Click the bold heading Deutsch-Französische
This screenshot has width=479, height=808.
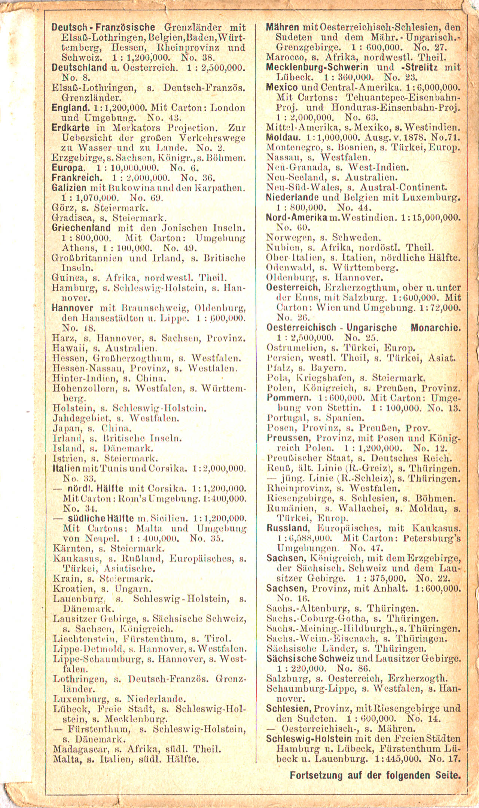(x=103, y=27)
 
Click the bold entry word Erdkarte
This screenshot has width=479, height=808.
(x=70, y=128)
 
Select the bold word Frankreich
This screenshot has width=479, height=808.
(x=76, y=178)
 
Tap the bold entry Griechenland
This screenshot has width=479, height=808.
(x=81, y=228)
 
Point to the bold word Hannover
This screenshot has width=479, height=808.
(x=72, y=308)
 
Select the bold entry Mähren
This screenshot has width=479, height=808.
(x=282, y=27)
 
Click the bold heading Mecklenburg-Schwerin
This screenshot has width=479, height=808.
(x=317, y=67)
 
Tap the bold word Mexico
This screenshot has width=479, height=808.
(x=282, y=88)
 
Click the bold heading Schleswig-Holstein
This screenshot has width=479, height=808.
(x=309, y=739)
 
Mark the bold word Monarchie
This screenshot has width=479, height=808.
(x=436, y=328)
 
